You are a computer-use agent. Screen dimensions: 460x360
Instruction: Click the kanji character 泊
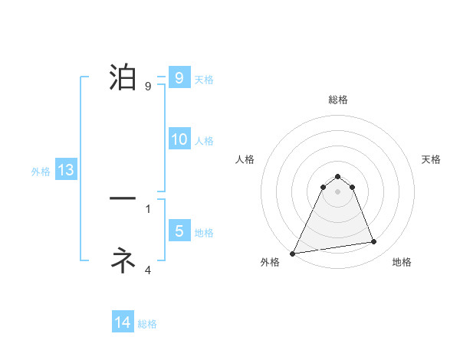pos(123,77)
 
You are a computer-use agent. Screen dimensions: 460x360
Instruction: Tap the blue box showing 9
pos(179,78)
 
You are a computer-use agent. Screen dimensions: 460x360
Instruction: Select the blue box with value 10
pos(179,139)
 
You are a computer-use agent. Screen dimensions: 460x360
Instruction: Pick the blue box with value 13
pos(66,170)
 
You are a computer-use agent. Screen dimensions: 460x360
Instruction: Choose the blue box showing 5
pos(179,231)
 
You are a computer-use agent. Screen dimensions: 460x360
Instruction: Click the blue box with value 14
pos(123,322)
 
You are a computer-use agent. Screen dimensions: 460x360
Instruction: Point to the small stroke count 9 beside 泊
pos(148,86)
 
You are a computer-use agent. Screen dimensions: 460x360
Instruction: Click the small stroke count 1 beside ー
pos(148,208)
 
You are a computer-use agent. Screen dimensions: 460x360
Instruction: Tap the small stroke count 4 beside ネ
pos(148,270)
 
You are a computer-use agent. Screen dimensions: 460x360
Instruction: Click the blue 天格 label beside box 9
pos(204,80)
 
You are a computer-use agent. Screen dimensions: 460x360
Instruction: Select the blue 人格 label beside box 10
pos(204,141)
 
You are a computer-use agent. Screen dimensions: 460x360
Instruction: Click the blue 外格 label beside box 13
pos(41,172)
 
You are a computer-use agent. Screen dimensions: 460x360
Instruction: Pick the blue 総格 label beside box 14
pos(147,324)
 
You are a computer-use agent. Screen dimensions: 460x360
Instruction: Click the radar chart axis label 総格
pos(337,100)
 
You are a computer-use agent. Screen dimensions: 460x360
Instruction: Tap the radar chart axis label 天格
pos(432,159)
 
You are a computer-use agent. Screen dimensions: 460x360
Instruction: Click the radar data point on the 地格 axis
pos(374,242)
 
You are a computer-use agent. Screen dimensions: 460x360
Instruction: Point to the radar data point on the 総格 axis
pos(337,175)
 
